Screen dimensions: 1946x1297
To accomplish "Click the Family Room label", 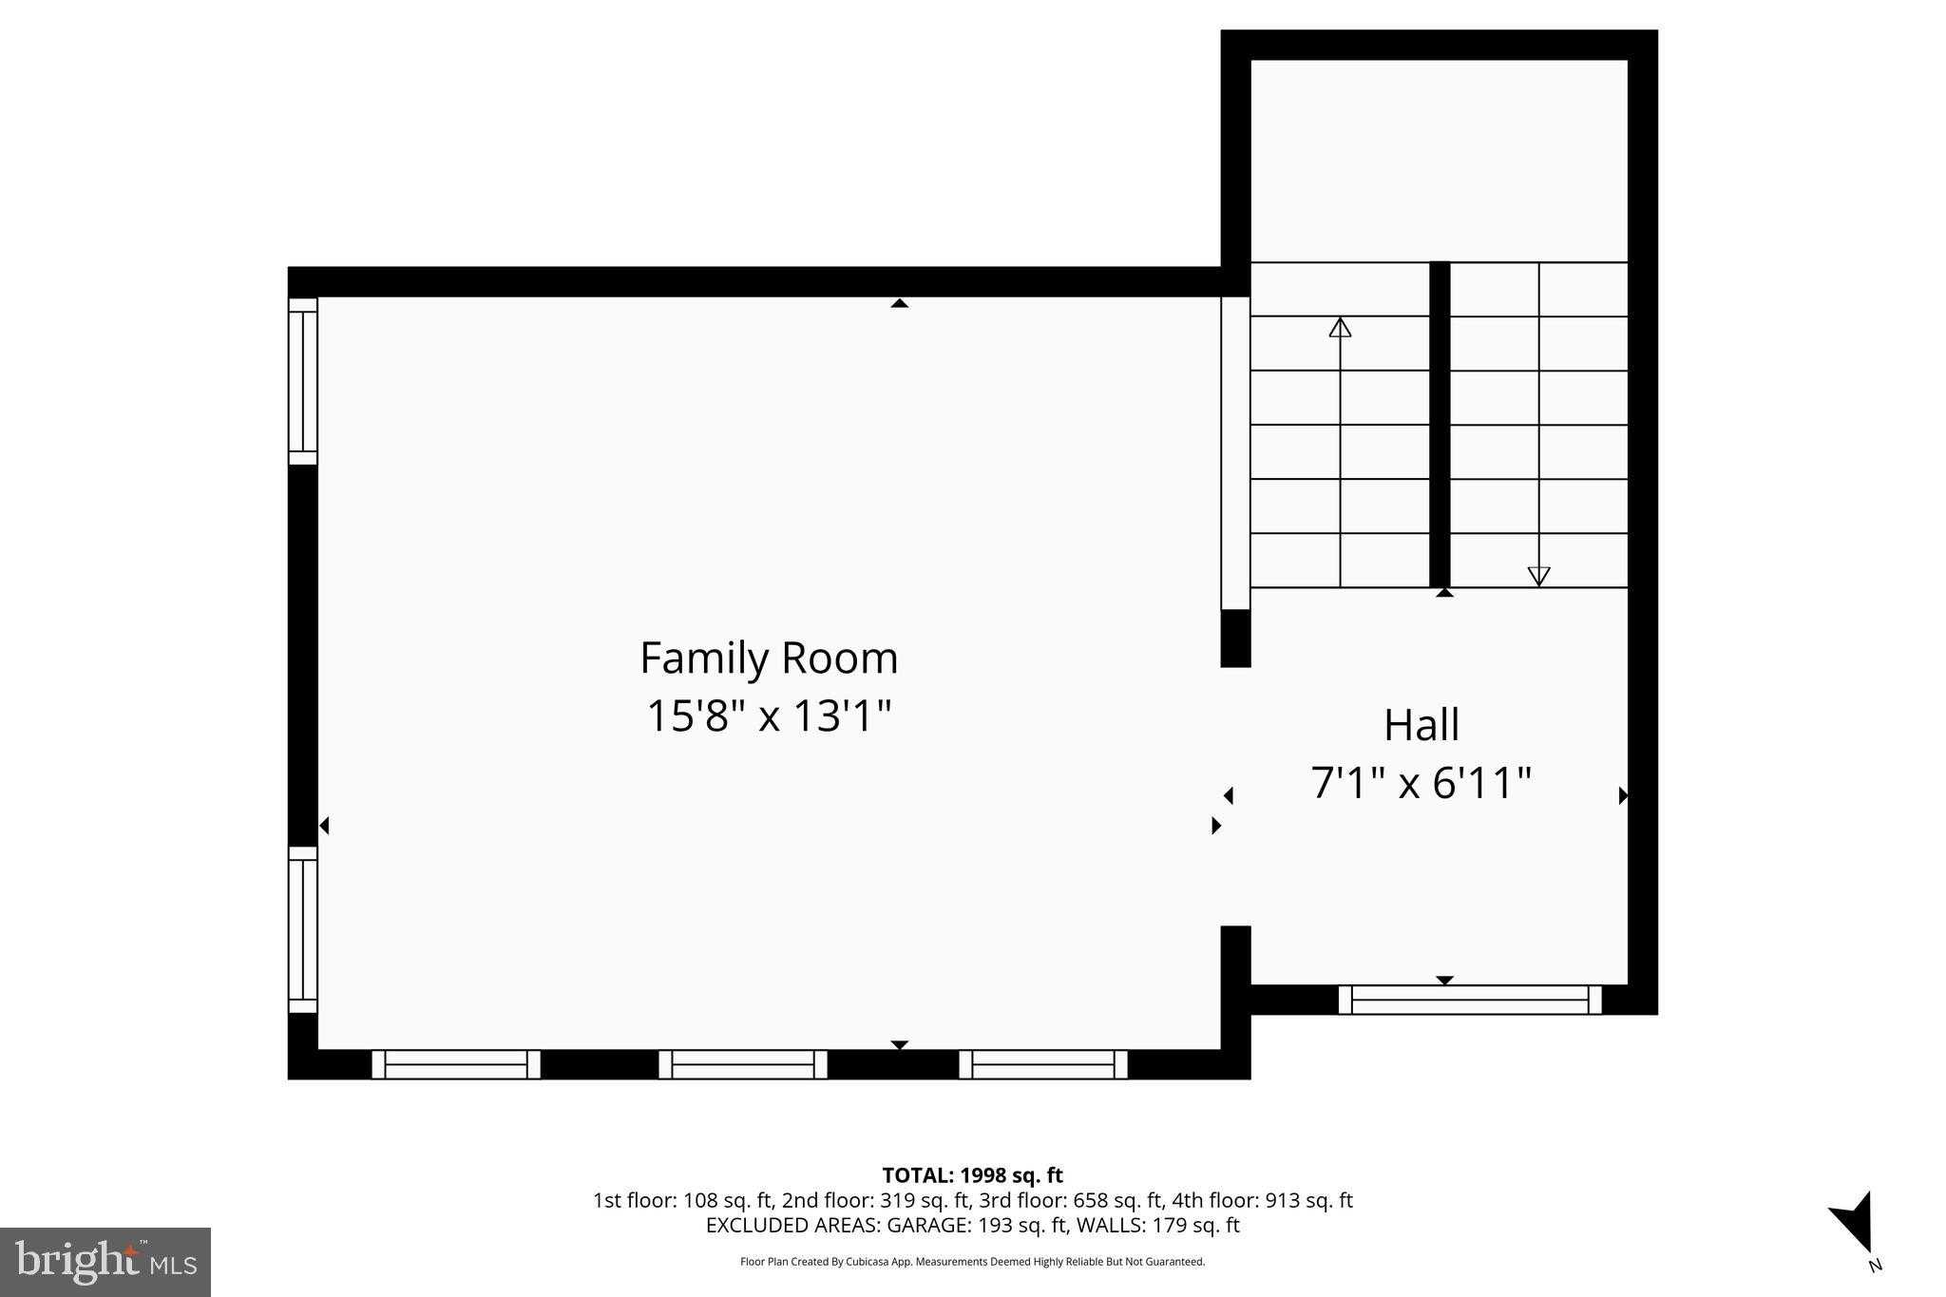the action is click(769, 658).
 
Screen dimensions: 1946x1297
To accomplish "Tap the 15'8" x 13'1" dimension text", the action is click(769, 715).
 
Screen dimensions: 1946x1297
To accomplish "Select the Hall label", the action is click(1421, 725).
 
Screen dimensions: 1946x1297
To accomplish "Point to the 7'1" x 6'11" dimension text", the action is click(1421, 784).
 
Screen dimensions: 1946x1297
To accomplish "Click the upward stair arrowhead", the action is click(1340, 327).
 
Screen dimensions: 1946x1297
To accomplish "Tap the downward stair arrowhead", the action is click(1538, 576).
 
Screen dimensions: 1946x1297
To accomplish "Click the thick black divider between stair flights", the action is click(1440, 425).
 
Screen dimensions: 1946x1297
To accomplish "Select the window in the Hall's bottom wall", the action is click(1470, 1000).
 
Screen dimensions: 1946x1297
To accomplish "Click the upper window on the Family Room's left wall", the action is click(303, 381).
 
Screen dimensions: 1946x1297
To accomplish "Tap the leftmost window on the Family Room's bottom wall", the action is click(456, 1064).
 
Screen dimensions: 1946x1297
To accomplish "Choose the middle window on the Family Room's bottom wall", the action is click(743, 1064).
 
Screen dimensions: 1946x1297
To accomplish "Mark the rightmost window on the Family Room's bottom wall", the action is click(1043, 1064).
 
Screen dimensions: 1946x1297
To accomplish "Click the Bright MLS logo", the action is click(105, 1262).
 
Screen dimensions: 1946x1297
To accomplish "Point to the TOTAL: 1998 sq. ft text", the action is click(972, 1175).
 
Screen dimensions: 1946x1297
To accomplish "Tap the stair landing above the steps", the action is click(1440, 161).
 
